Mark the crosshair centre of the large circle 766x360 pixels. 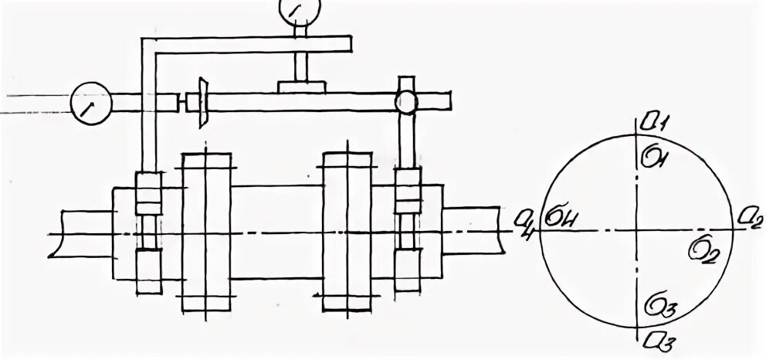(x=637, y=229)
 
